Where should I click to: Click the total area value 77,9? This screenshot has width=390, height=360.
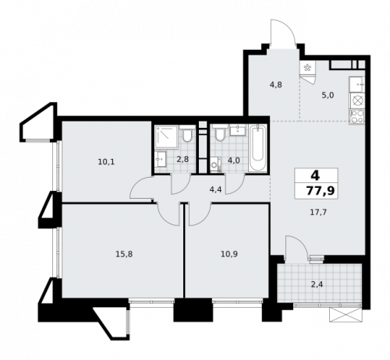point(314,190)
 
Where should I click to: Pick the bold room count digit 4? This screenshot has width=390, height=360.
point(314,175)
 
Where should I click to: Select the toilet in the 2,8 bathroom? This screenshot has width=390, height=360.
point(187,137)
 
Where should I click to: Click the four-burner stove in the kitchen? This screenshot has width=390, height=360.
point(359,118)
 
